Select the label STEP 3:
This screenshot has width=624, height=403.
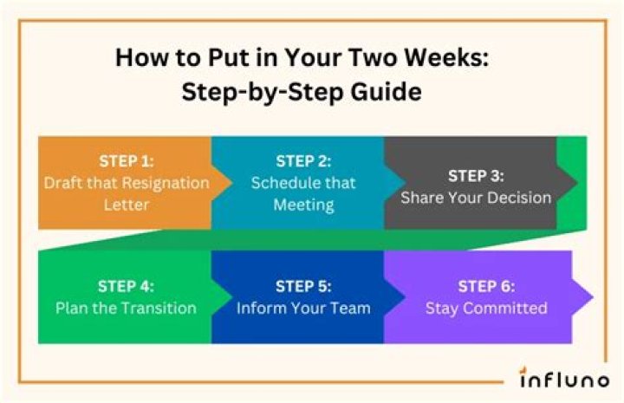click(476, 176)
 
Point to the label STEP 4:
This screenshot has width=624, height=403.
click(126, 286)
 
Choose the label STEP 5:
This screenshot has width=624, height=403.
click(303, 286)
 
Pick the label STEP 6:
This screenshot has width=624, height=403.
click(486, 286)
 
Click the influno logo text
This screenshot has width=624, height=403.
click(564, 380)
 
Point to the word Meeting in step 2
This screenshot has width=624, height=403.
click(303, 205)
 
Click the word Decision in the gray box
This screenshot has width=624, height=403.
click(517, 198)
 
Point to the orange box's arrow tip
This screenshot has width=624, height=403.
click(230, 182)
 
